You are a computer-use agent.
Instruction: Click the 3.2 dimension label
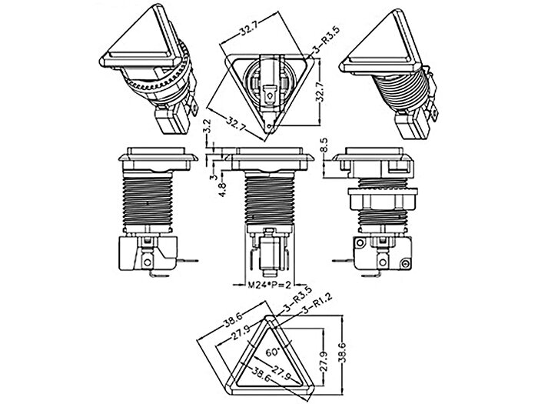pos(207,126)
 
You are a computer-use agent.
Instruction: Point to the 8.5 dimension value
pos(324,145)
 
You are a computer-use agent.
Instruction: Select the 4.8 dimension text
pos(222,189)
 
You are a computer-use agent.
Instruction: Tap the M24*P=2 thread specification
pos(270,285)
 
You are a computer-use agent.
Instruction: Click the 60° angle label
pos(274,352)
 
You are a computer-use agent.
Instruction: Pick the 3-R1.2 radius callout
pos(317,304)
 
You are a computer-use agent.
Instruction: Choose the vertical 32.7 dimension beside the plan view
pos(320,92)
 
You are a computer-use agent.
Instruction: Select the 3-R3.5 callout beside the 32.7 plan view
pos(325,41)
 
